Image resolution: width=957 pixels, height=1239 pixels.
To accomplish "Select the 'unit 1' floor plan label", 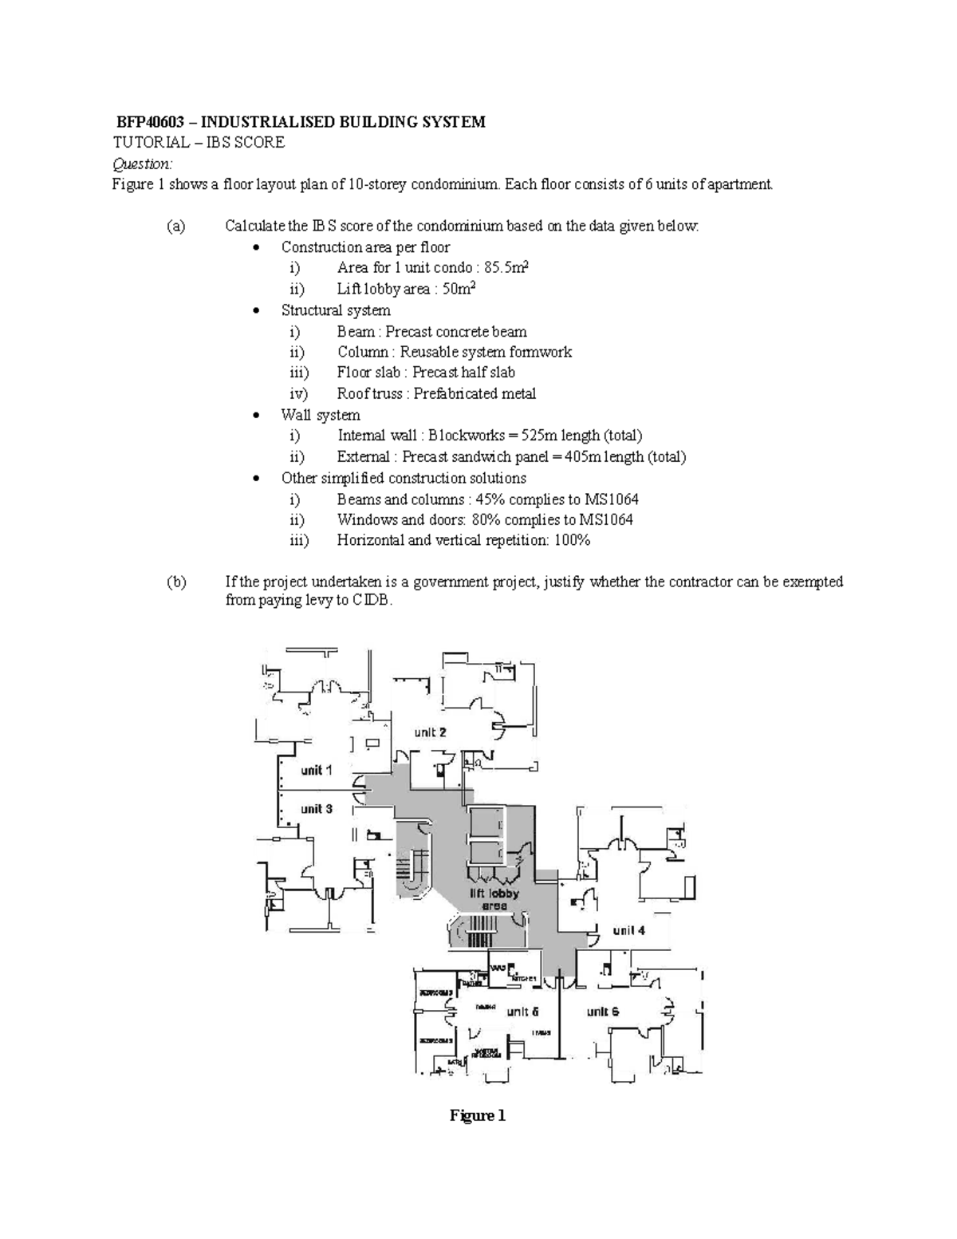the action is tap(317, 770).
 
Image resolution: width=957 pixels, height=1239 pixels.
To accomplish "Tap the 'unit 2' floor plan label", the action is tap(430, 732).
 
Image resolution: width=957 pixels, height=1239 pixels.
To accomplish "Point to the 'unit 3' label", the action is tap(317, 808).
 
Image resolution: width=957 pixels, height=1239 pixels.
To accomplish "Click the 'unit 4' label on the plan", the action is tap(628, 930).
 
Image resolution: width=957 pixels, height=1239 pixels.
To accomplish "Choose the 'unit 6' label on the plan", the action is tap(603, 1012).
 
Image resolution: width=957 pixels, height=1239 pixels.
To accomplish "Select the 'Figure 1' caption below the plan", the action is tap(478, 1115).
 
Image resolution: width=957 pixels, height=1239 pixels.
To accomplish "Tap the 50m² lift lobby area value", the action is tap(459, 289).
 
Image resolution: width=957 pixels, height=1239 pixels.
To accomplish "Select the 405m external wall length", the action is tap(583, 456).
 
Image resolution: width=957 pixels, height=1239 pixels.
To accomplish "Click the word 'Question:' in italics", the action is tap(142, 164).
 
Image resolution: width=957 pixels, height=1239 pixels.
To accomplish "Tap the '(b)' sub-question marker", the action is tap(176, 582).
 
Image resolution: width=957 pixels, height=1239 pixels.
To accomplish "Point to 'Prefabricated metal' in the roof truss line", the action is tap(475, 393).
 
